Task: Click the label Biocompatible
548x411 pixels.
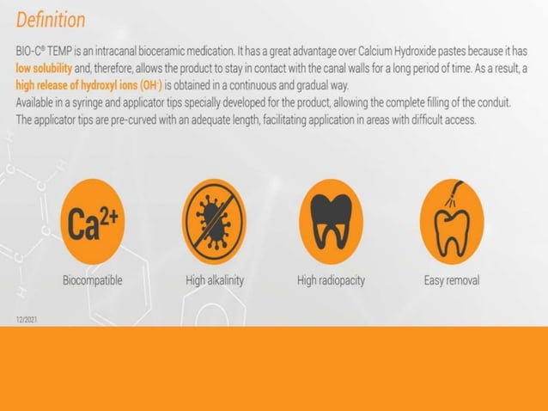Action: click(x=92, y=280)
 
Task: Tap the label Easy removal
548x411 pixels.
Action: click(x=451, y=280)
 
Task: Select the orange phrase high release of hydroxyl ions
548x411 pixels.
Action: click(x=87, y=85)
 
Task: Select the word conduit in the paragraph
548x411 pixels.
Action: click(x=493, y=102)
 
